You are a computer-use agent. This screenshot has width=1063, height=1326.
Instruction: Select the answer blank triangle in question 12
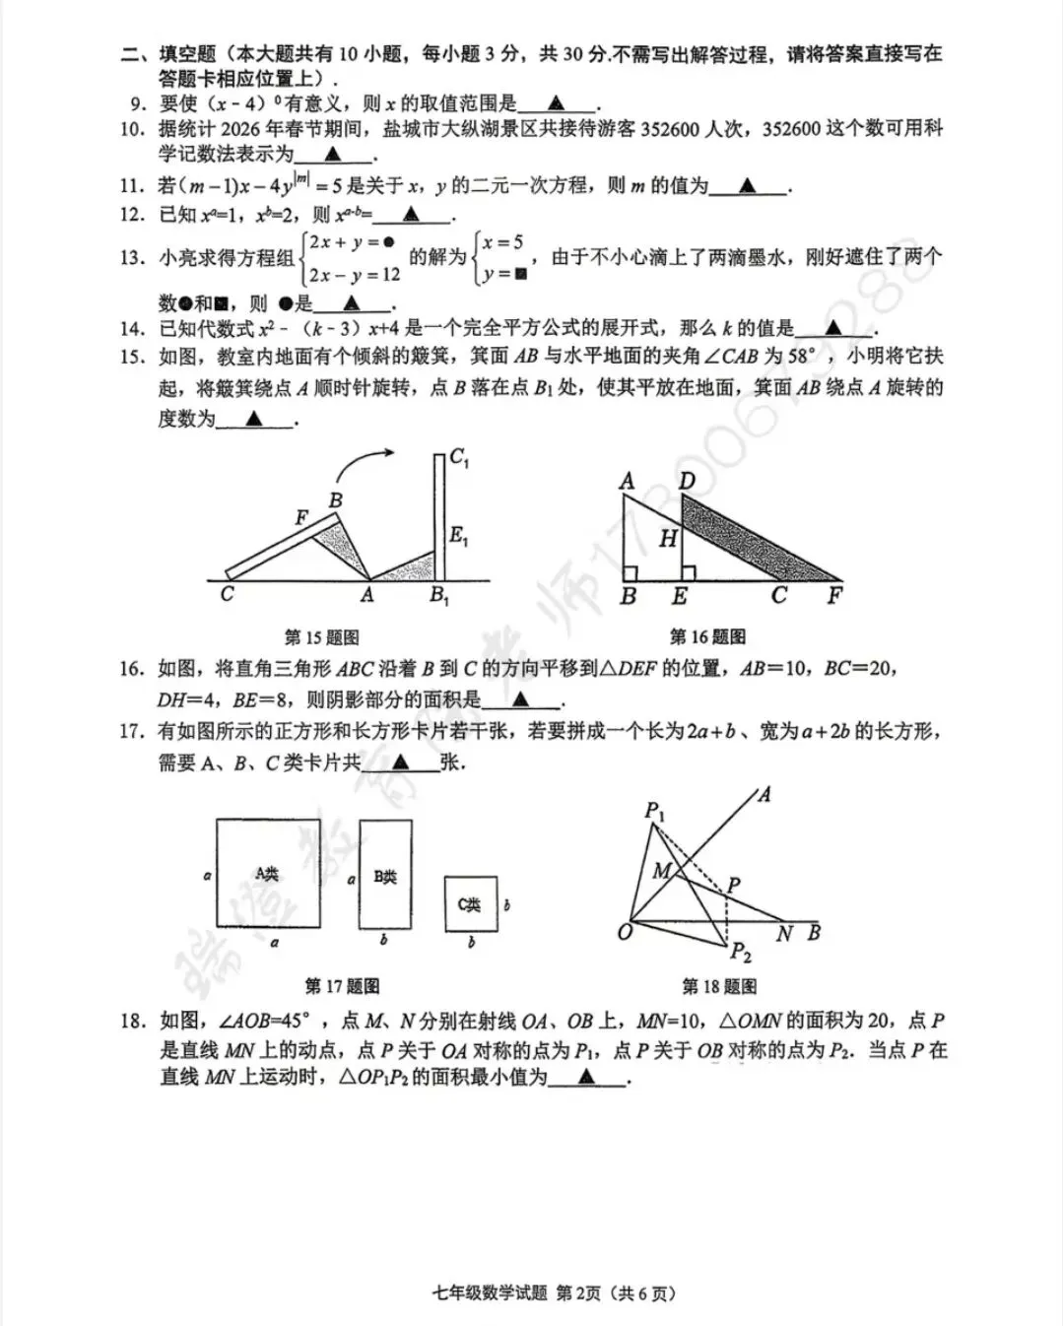[411, 214]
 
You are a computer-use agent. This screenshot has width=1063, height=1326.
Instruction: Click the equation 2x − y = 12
[355, 275]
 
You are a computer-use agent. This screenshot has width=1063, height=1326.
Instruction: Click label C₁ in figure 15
[459, 457]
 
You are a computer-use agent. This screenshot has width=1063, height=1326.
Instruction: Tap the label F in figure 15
[302, 517]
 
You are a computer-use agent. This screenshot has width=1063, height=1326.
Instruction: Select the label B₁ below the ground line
[438, 595]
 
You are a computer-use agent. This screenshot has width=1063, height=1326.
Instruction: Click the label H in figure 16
[669, 538]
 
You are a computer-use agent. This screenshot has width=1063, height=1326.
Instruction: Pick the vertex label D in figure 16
[687, 481]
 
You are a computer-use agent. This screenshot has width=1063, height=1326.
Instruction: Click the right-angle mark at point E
[689, 572]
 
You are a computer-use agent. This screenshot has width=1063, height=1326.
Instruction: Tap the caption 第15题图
[321, 637]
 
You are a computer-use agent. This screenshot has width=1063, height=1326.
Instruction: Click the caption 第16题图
[707, 637]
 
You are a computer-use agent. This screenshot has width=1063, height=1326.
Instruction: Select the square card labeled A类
[268, 873]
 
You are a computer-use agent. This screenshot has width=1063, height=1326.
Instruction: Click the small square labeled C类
[470, 904]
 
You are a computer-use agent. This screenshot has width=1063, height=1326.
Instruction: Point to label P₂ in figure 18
[740, 952]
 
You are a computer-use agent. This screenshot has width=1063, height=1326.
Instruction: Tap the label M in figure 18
[661, 870]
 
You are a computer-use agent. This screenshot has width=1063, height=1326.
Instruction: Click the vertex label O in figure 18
[625, 932]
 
